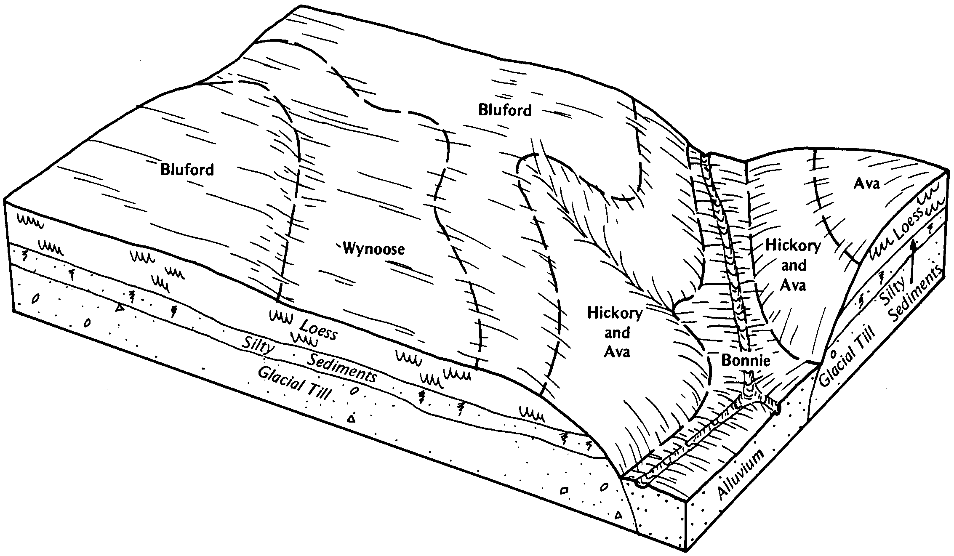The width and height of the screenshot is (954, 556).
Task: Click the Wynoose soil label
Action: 374,249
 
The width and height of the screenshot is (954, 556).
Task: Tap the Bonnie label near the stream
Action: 746,360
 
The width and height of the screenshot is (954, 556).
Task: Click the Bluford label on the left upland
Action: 187,170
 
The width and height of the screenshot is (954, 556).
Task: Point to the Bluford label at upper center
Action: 505,110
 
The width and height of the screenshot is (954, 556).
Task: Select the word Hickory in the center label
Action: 615,314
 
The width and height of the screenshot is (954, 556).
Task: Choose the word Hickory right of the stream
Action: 793,246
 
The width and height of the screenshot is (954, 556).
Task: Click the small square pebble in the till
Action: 564,491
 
